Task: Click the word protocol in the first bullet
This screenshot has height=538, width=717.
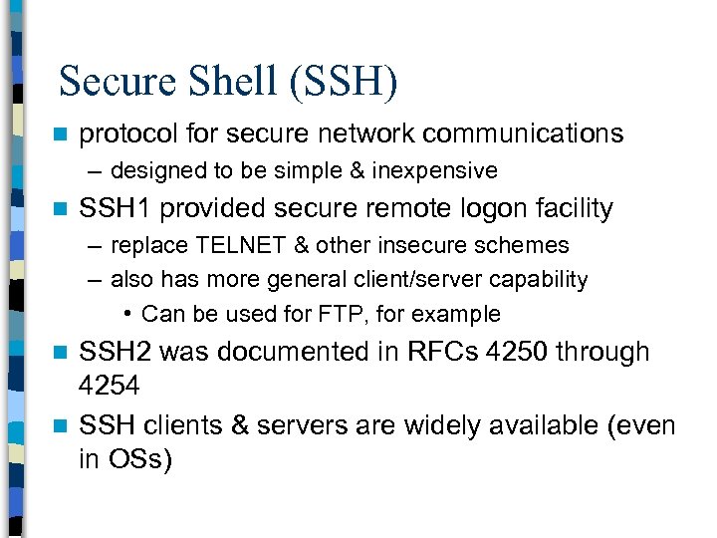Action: coord(125,134)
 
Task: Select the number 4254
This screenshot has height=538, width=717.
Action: coord(110,385)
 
